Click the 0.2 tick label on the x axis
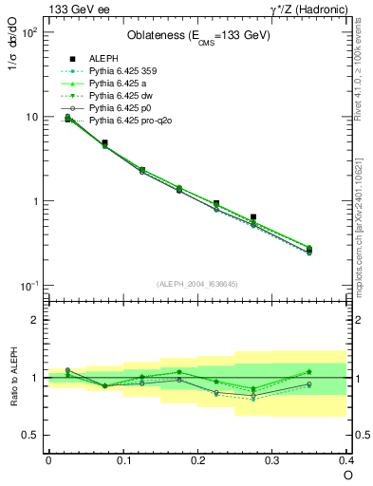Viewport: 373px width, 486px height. click(197, 460)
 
